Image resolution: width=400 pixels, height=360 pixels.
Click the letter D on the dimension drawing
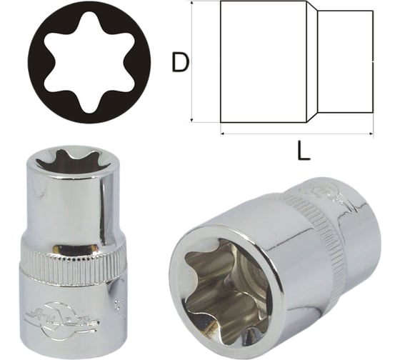(x=180, y=63)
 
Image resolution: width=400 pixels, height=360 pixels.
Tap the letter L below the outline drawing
(x=303, y=151)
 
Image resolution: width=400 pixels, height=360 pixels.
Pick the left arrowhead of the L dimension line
(x=223, y=133)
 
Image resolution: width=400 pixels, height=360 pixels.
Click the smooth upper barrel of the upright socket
(x=72, y=207)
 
